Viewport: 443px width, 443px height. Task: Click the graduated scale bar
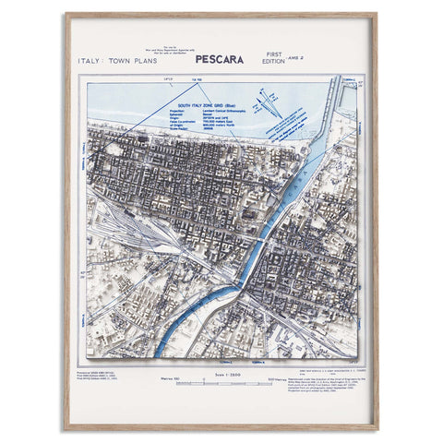(221, 379)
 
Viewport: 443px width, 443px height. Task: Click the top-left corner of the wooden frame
(66, 15)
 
